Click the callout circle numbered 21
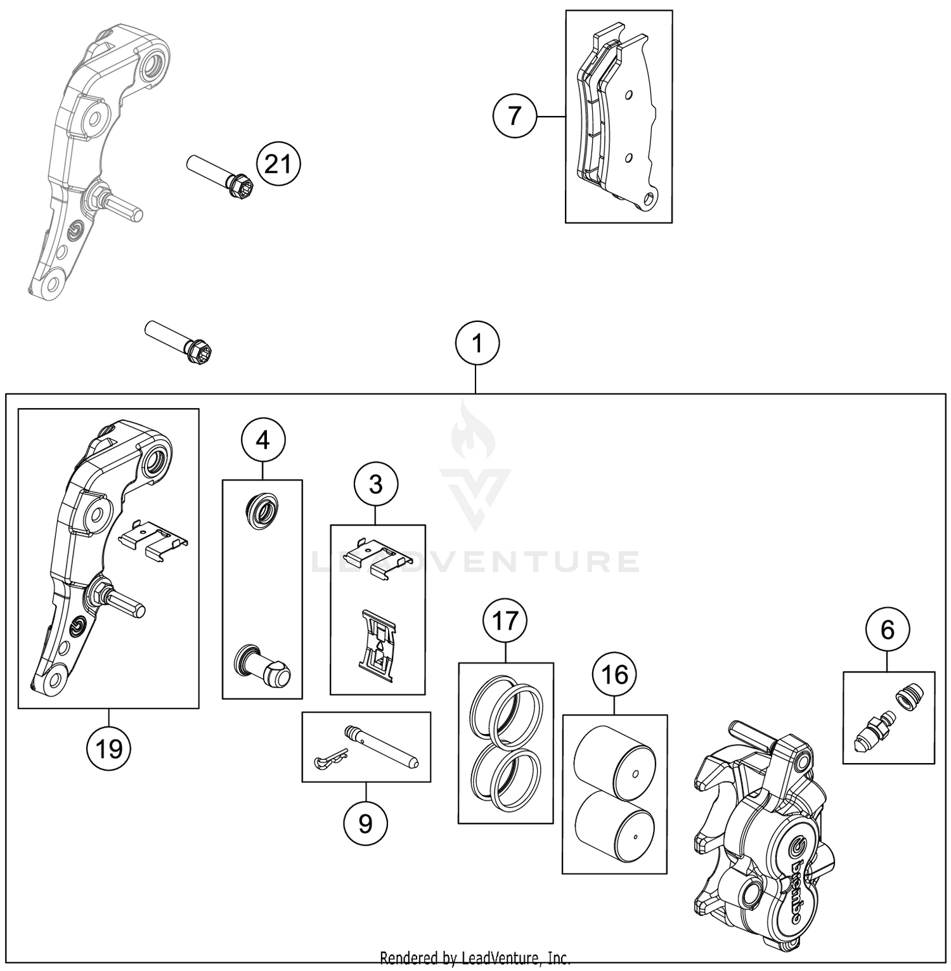(278, 165)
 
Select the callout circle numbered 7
(514, 116)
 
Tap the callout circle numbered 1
(477, 344)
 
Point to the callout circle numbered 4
(262, 439)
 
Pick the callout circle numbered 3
(376, 485)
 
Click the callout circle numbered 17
(505, 621)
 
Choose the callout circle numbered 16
(614, 675)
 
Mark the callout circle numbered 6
(888, 630)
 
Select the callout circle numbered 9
(365, 823)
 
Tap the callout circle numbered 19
(108, 749)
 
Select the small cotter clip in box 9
(330, 760)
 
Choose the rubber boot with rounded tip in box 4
(262, 667)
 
